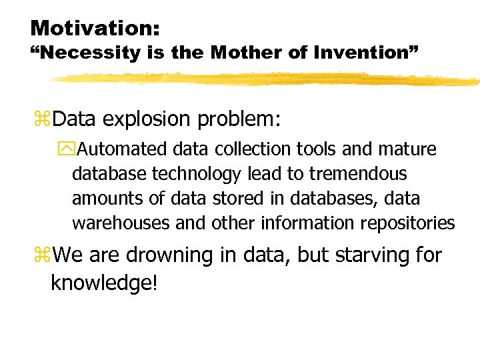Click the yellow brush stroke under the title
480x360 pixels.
point(267,79)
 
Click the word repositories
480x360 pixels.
point(407,223)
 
